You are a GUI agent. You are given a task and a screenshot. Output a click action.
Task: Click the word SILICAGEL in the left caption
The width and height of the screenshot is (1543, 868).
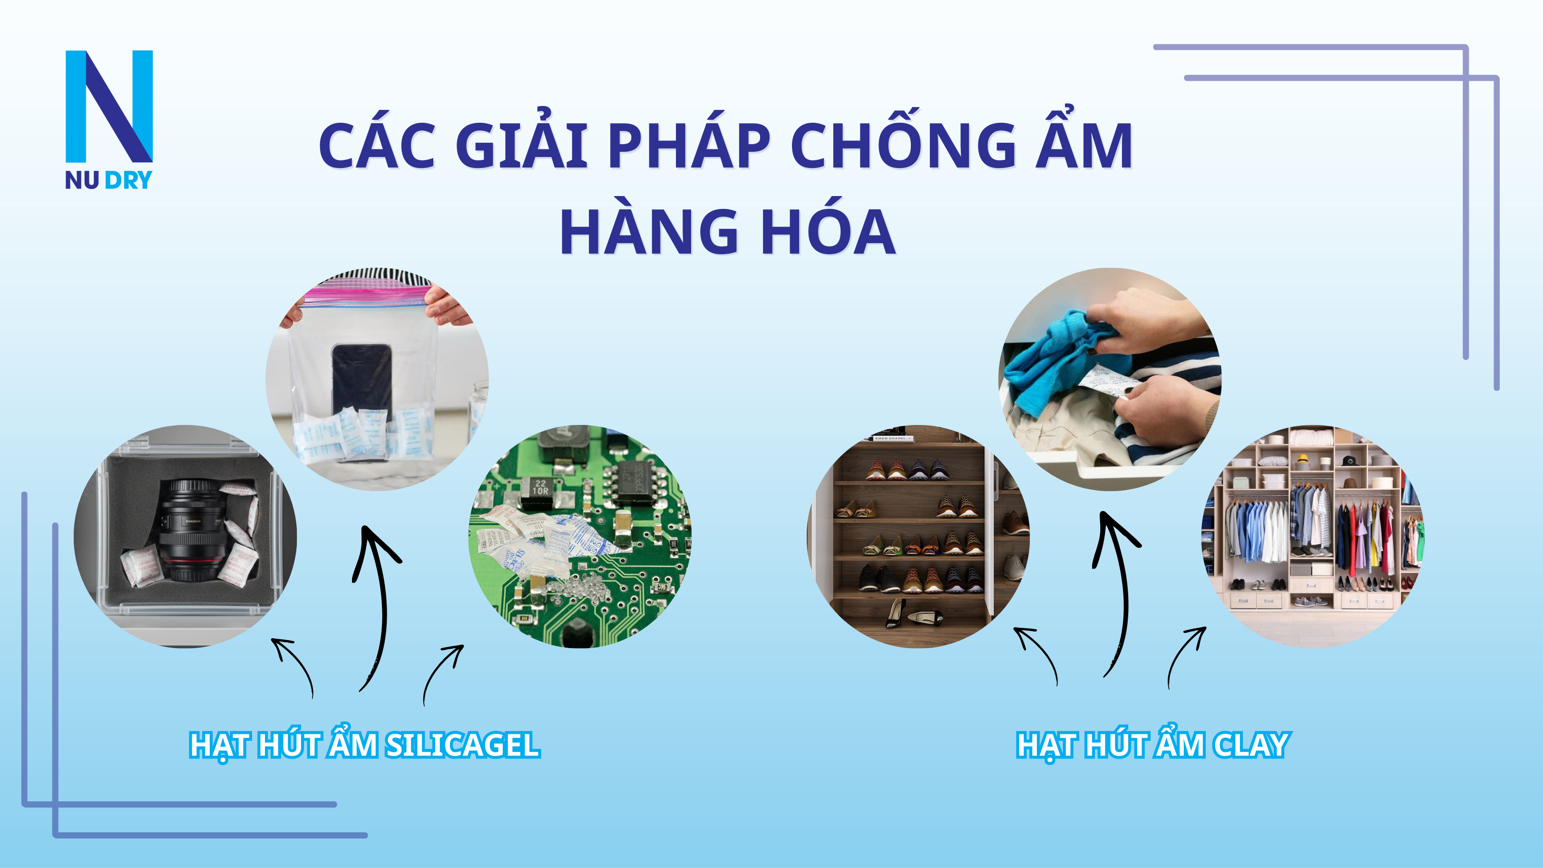tap(462, 745)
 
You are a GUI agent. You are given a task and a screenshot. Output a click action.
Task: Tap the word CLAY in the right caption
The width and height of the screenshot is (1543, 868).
tap(1252, 745)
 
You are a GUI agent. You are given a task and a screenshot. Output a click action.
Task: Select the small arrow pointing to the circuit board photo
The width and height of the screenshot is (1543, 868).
tap(442, 671)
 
